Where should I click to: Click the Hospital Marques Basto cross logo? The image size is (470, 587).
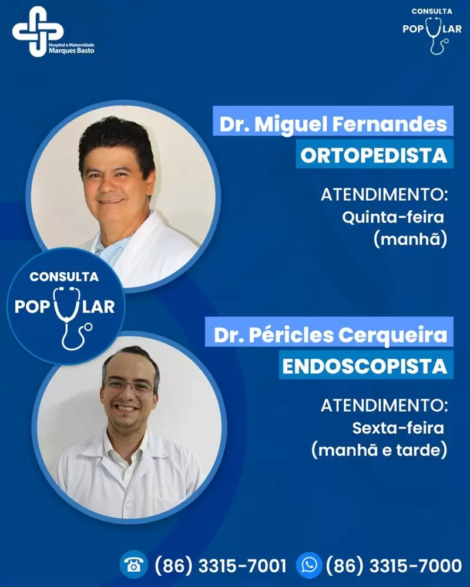pyautogui.click(x=37, y=32)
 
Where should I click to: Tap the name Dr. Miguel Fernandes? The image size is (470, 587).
pyautogui.click(x=333, y=124)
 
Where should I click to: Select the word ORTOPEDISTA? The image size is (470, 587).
pyautogui.click(x=374, y=156)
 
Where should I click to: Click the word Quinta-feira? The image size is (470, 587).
pyautogui.click(x=393, y=217)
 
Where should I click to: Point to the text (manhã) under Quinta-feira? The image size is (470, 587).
pyautogui.click(x=411, y=239)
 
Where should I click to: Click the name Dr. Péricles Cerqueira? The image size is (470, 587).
pyautogui.click(x=330, y=335)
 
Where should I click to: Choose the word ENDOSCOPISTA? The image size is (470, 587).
pyautogui.click(x=365, y=366)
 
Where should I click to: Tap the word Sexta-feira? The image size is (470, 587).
pyautogui.click(x=398, y=428)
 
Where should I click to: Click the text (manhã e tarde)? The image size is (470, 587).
pyautogui.click(x=380, y=450)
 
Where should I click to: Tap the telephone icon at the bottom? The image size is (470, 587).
pyautogui.click(x=134, y=565)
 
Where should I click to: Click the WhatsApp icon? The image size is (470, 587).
pyautogui.click(x=309, y=565)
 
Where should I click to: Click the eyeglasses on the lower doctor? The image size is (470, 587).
pyautogui.click(x=129, y=385)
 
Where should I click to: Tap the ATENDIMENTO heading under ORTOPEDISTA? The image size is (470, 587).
pyautogui.click(x=384, y=195)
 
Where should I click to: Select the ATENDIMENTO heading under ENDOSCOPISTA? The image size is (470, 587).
pyautogui.click(x=384, y=406)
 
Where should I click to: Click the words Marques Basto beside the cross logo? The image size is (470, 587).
pyautogui.click(x=72, y=50)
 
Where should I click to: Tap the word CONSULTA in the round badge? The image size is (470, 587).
pyautogui.click(x=64, y=276)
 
